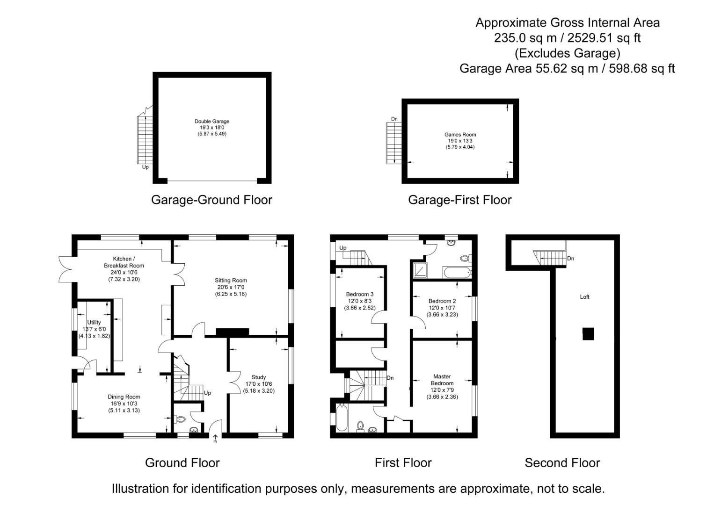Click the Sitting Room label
(x=231, y=281)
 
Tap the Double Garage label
(x=212, y=121)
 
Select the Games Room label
(x=460, y=135)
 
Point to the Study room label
(x=258, y=377)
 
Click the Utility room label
(x=94, y=323)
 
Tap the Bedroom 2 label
(x=442, y=301)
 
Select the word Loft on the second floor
(x=584, y=297)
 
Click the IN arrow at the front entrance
(x=215, y=439)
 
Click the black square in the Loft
(x=588, y=334)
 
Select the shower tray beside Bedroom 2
(x=420, y=270)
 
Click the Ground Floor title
(x=182, y=463)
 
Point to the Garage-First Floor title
(x=459, y=200)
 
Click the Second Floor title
(x=562, y=463)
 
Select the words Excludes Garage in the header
(x=567, y=53)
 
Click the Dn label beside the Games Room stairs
(x=394, y=119)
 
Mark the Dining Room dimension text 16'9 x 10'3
(x=124, y=404)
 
